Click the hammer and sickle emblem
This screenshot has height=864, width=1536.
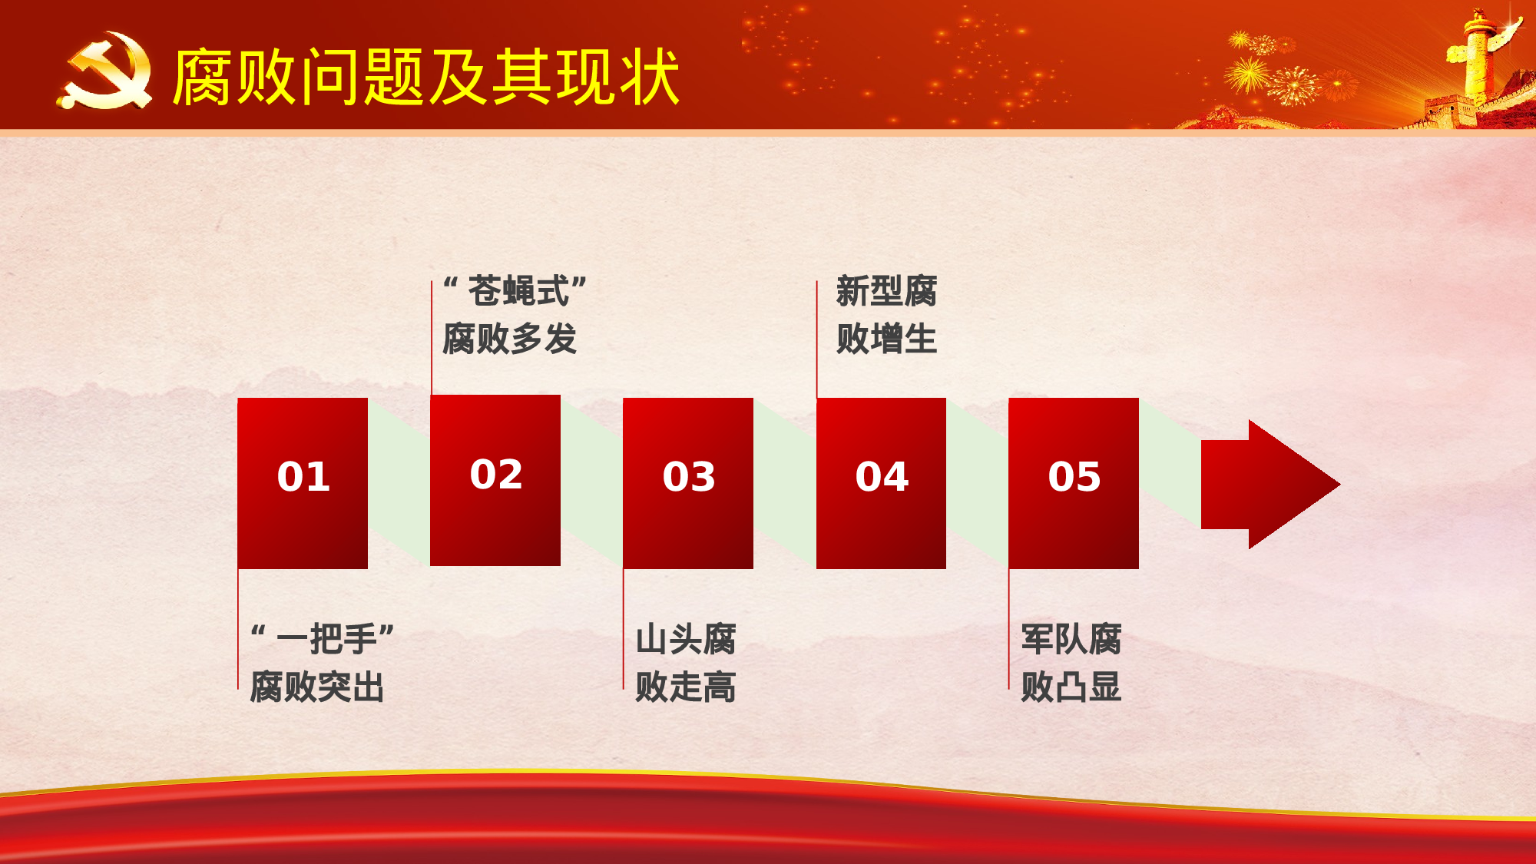[x=105, y=71]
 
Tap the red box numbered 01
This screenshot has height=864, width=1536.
[x=303, y=483]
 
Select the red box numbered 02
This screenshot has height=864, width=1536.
[x=495, y=480]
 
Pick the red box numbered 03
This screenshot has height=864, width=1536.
[x=688, y=483]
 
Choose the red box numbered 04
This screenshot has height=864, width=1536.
[x=881, y=483]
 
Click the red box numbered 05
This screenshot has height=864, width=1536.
[x=1074, y=483]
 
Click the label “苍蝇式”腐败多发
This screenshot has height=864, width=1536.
[x=513, y=315]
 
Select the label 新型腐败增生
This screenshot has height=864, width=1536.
[x=886, y=315]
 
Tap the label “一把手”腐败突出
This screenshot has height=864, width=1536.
[x=321, y=663]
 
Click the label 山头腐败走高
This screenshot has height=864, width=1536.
[x=685, y=663]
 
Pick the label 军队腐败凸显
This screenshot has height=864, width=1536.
[x=1071, y=663]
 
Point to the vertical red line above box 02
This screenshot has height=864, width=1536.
[x=432, y=338]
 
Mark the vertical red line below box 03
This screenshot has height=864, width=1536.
[x=623, y=630]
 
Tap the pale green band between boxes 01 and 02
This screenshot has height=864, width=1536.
[x=399, y=484]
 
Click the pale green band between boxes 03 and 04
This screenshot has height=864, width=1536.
[x=785, y=484]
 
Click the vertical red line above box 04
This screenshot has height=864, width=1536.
[x=816, y=338]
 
